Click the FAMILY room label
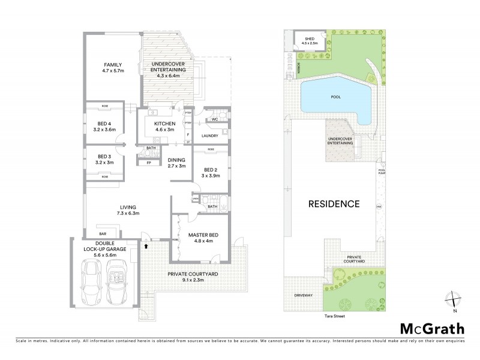click(x=113, y=68)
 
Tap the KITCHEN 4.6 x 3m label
click(x=156, y=127)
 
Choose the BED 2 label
click(x=210, y=172)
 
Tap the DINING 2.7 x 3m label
click(x=176, y=163)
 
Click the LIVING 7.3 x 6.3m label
click(x=124, y=210)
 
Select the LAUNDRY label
click(x=209, y=136)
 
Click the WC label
click(x=214, y=119)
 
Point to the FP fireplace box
click(x=148, y=162)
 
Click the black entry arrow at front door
click(x=146, y=245)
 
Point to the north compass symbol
click(x=454, y=299)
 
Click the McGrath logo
click(x=433, y=329)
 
